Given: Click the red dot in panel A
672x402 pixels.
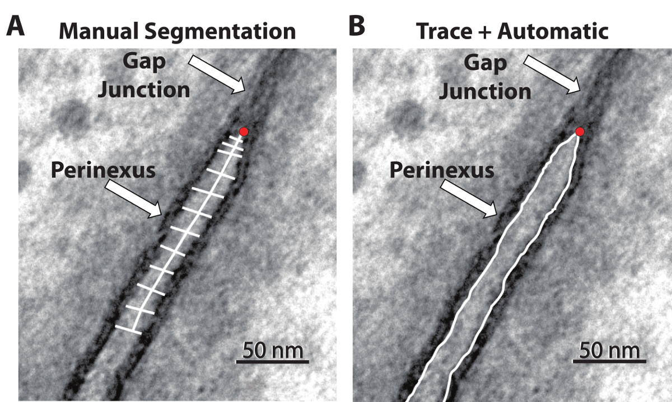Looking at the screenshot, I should (x=244, y=132).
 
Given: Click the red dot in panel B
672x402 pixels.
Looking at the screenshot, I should (x=580, y=132).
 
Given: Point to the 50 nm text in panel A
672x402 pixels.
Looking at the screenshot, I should (x=272, y=351).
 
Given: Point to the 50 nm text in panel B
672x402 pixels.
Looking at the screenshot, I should (x=609, y=351).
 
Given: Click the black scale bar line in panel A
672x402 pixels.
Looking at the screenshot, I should (x=272, y=362).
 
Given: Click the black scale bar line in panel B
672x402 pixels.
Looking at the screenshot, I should (x=609, y=362).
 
